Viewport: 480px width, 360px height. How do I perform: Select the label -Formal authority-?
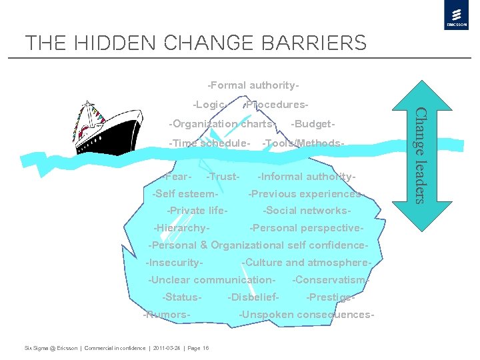253,85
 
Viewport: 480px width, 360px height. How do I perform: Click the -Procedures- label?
276,105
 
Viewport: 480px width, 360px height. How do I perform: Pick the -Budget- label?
313,124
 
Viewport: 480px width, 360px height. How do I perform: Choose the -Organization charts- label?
222,124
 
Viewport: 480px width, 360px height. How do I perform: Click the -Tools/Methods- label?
304,143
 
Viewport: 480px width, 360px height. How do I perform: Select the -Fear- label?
178,177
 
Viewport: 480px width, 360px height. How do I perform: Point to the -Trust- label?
223,177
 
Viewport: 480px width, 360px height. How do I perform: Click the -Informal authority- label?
307,177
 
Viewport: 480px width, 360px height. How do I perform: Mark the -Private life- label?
198,211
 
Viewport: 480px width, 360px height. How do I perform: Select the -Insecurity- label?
175,263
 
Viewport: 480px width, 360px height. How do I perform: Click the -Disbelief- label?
253,297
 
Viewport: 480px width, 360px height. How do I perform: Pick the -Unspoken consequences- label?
307,315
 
